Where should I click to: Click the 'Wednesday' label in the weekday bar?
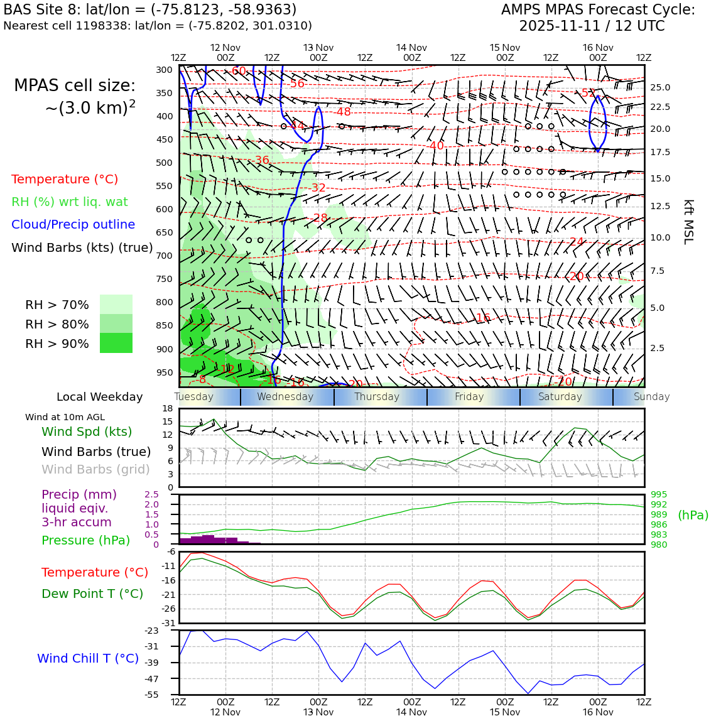click(285, 397)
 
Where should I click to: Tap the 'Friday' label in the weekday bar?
click(469, 397)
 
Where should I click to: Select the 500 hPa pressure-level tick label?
click(165, 163)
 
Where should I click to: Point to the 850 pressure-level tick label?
click(165, 325)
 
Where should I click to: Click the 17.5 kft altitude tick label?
click(660, 152)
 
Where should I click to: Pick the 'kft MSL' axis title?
click(688, 222)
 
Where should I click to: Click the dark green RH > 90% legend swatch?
click(116, 343)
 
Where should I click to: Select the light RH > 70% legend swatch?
click(116, 304)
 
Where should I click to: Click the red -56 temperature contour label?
click(296, 84)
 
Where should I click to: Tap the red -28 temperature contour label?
click(320, 218)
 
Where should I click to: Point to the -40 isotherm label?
click(436, 146)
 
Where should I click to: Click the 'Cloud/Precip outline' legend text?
click(73, 224)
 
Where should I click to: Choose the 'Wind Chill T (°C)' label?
click(88, 658)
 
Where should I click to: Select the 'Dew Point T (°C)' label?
click(92, 594)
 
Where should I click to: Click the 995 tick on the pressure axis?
click(659, 495)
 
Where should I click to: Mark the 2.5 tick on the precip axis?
click(152, 495)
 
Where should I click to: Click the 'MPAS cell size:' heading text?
click(75, 86)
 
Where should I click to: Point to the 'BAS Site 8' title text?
click(42, 10)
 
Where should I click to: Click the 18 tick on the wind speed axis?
click(167, 408)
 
